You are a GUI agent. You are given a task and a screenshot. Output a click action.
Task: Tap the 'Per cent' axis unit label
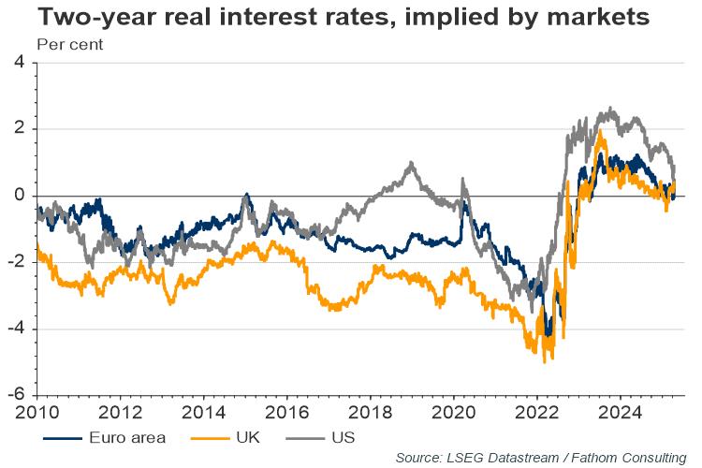(69, 44)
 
